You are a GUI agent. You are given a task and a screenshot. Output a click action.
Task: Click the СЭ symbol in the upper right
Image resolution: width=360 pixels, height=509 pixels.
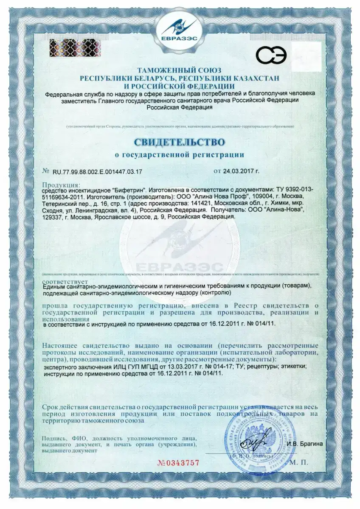(270, 55)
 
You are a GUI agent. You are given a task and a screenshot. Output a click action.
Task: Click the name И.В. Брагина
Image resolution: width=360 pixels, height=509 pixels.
(305, 444)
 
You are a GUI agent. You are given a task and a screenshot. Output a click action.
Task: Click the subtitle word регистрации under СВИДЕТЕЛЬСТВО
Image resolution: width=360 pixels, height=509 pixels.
(220, 155)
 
